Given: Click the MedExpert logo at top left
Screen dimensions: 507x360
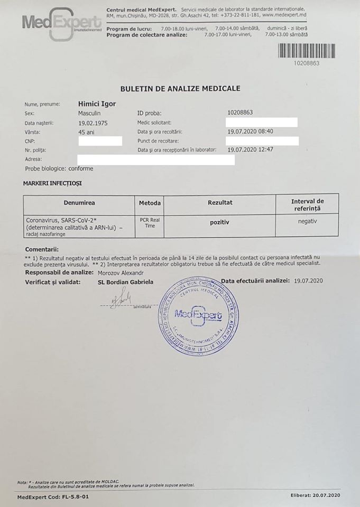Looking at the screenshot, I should pyautogui.click(x=62, y=22).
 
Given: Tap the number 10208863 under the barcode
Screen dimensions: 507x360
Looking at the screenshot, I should pyautogui.click(x=306, y=63).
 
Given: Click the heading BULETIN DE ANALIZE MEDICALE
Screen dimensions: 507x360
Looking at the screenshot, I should pyautogui.click(x=180, y=89).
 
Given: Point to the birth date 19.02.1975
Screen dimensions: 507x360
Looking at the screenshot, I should pyautogui.click(x=93, y=123).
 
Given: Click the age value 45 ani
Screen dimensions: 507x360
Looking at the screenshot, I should pyautogui.click(x=86, y=132).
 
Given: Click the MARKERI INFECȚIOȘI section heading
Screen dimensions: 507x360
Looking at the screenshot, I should pyautogui.click(x=52, y=183).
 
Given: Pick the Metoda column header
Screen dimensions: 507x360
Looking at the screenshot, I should pyautogui.click(x=150, y=203).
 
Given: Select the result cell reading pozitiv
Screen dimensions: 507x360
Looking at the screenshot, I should pyautogui.click(x=219, y=223).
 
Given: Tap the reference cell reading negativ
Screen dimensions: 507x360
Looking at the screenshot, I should pyautogui.click(x=307, y=222).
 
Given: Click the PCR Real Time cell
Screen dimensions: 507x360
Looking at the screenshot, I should pyautogui.click(x=150, y=223).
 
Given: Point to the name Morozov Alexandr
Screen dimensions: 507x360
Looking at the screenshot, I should pyautogui.click(x=121, y=273).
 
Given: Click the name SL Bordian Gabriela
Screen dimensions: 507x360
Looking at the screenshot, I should pyautogui.click(x=125, y=282).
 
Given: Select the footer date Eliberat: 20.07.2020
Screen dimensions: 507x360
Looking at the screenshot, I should pyautogui.click(x=316, y=495).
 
